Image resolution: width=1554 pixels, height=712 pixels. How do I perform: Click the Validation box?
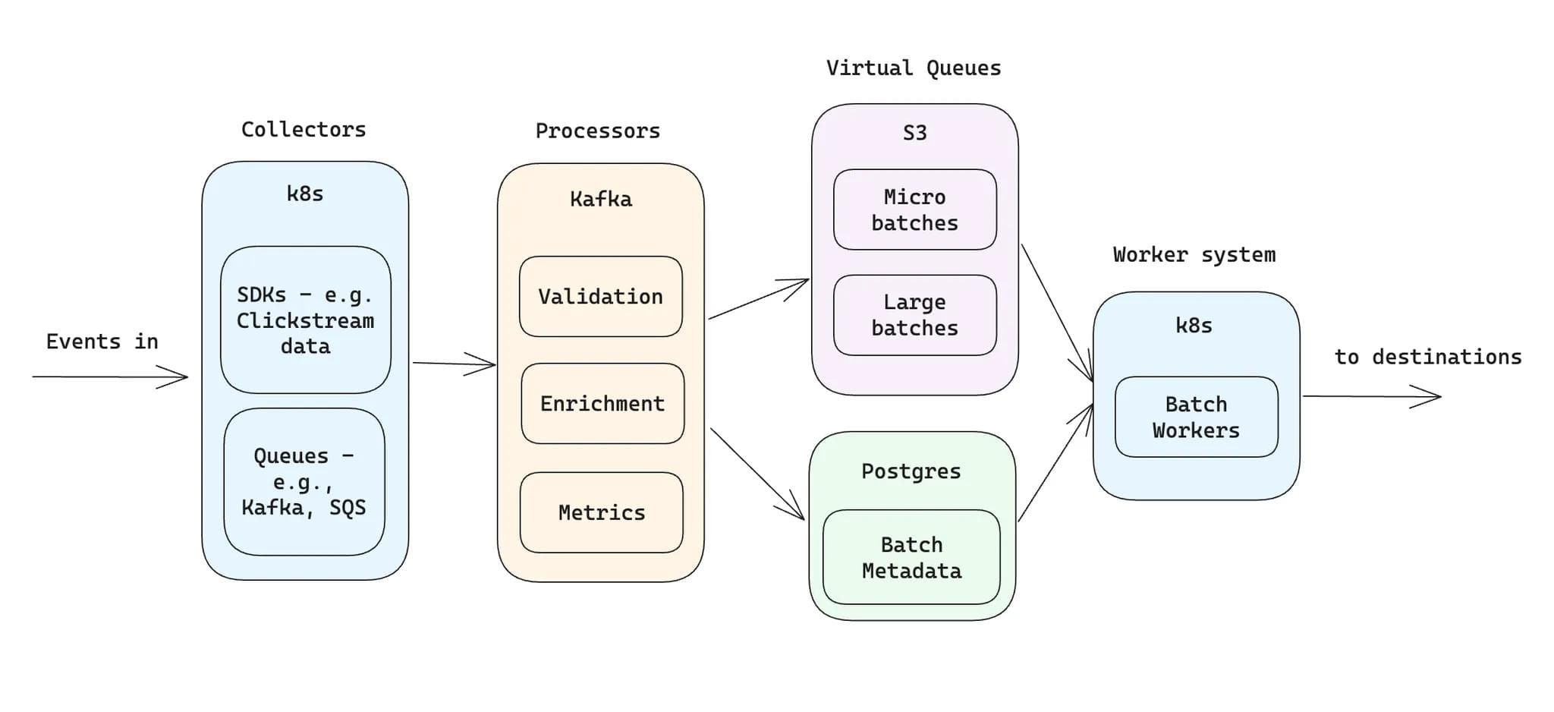600,297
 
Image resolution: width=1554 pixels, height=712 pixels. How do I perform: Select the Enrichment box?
602,404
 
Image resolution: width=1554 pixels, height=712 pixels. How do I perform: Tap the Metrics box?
601,512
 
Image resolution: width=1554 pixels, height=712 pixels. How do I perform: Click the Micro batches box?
914,210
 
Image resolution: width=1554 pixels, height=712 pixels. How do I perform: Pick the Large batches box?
914,315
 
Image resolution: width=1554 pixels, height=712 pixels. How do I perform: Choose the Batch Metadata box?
911,557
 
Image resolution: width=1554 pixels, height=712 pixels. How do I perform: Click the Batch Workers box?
1196,417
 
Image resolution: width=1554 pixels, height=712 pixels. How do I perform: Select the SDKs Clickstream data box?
305,320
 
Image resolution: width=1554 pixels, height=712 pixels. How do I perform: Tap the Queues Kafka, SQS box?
304,481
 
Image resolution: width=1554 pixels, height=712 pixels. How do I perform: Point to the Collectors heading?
304,130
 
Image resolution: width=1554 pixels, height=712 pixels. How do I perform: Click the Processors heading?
598,131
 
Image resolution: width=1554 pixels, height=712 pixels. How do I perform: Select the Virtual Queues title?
914,68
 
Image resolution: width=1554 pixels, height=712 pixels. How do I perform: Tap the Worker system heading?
1194,255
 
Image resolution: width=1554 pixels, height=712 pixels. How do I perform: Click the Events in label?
102,342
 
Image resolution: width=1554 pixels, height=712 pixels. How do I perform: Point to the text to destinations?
1428,358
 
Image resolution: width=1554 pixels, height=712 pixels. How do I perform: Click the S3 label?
914,134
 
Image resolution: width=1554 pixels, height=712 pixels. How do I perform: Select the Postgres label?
911,471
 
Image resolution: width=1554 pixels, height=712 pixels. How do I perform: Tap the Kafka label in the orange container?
600,200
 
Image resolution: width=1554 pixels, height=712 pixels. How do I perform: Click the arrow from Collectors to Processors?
453,364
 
